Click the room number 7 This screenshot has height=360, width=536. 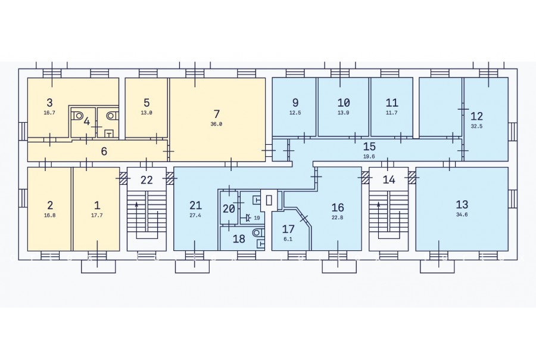pyautogui.click(x=216, y=114)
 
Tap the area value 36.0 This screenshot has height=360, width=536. pyautogui.click(x=216, y=124)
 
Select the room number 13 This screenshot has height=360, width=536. pyautogui.click(x=462, y=204)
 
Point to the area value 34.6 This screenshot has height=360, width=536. pyautogui.click(x=462, y=215)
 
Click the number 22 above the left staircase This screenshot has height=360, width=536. pyautogui.click(x=147, y=179)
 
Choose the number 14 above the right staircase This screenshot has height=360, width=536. pyautogui.click(x=389, y=179)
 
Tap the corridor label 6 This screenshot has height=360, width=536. pyautogui.click(x=104, y=151)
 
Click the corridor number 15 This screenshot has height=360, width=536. pyautogui.click(x=369, y=147)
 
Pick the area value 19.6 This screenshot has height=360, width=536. pyautogui.click(x=369, y=156)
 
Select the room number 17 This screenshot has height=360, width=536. pyautogui.click(x=288, y=229)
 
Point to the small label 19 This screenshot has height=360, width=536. pyautogui.click(x=257, y=218)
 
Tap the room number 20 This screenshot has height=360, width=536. pyautogui.click(x=229, y=209)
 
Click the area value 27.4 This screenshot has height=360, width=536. pyautogui.click(x=195, y=216)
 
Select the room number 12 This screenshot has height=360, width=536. pyautogui.click(x=476, y=116)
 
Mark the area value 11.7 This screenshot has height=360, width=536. pyautogui.click(x=391, y=113)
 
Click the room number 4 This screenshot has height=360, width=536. pyautogui.click(x=87, y=121)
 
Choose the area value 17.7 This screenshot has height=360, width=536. pyautogui.click(x=96, y=216)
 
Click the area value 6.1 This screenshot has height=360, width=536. pyautogui.click(x=288, y=239)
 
